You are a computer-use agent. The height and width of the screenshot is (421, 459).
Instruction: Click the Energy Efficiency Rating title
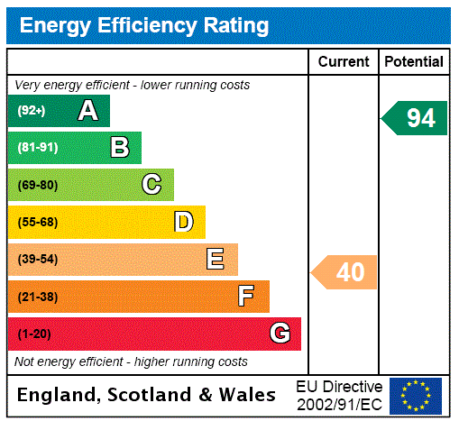pos(144,26)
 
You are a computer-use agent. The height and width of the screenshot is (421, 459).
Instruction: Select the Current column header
pos(344,62)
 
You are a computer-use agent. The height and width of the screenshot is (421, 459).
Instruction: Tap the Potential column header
pos(414,62)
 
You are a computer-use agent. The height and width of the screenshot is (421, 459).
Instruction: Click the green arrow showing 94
pos(415,118)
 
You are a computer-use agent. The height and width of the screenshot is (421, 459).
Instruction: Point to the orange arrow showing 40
pos(344,271)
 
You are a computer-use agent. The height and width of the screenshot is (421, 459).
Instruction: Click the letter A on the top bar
pos(87,111)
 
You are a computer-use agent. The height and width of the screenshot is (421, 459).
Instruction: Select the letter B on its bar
pos(119,148)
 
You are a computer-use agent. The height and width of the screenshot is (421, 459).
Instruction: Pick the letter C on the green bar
pos(151,185)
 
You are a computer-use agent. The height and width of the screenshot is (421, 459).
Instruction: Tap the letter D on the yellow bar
pos(183,222)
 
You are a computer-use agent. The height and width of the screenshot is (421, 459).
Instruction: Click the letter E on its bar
pos(216,260)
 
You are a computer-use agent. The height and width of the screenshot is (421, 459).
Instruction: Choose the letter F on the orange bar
pos(245,297)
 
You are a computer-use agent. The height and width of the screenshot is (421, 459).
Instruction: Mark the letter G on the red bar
pos(280,334)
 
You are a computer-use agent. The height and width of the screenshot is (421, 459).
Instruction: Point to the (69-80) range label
pos(37,185)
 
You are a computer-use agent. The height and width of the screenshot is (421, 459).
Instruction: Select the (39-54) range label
pos(37,260)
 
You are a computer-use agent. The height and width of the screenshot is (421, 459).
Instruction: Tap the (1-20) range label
pos(33,334)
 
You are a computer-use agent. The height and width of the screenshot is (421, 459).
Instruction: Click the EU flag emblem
pos(416,395)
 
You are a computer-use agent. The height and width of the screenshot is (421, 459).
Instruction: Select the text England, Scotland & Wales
pos(147,395)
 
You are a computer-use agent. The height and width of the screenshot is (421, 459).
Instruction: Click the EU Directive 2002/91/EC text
pos(339,395)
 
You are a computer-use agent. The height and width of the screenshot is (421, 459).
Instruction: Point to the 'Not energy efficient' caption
pos(131,362)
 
